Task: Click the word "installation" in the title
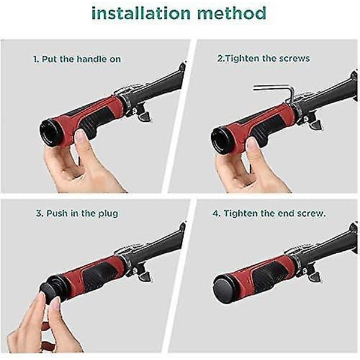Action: (141, 13)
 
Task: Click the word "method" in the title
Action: (232, 13)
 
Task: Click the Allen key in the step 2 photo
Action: (275, 92)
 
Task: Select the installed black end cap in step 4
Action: (224, 290)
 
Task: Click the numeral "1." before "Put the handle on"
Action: (36, 59)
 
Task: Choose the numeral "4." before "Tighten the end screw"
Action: (216, 214)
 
